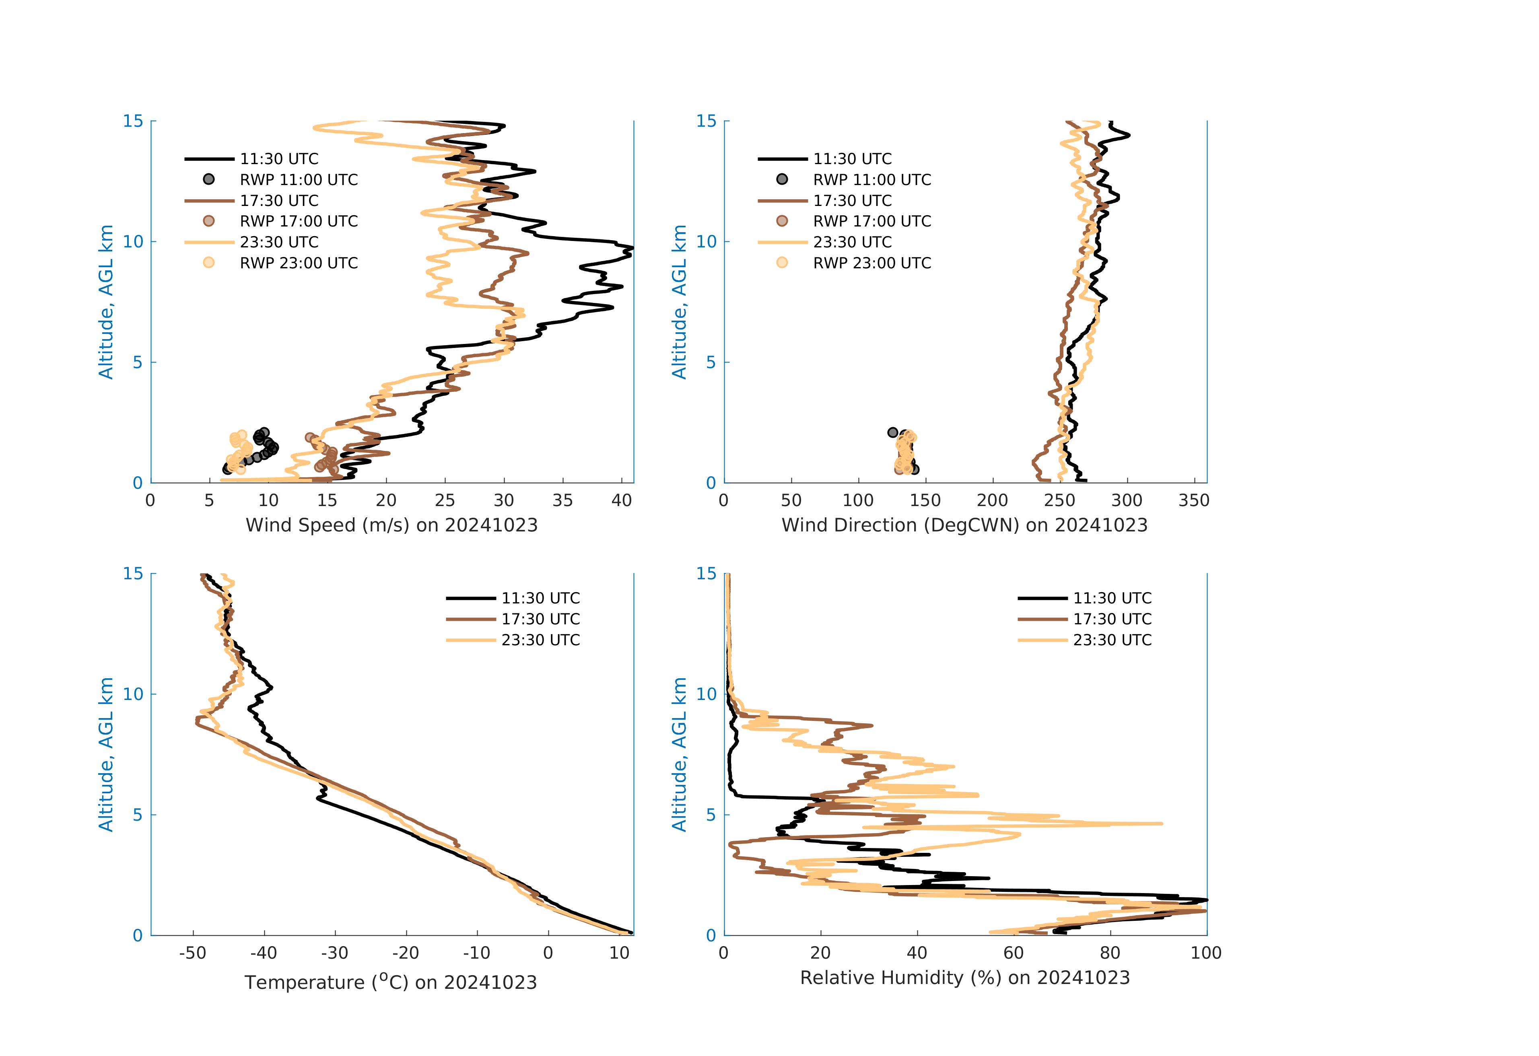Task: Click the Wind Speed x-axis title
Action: point(391,525)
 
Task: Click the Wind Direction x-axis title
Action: point(964,525)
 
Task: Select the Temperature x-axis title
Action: point(391,982)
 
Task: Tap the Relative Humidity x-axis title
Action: point(964,978)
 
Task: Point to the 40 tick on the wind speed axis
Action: point(621,500)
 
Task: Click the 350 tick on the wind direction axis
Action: point(1194,500)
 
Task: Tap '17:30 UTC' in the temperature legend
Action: point(540,619)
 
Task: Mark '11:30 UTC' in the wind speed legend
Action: point(279,159)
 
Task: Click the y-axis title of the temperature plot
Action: point(106,754)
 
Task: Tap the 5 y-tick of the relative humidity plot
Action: point(711,815)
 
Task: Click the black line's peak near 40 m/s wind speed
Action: point(632,248)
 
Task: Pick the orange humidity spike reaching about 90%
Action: point(1160,823)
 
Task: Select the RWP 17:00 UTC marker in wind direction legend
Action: point(782,221)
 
